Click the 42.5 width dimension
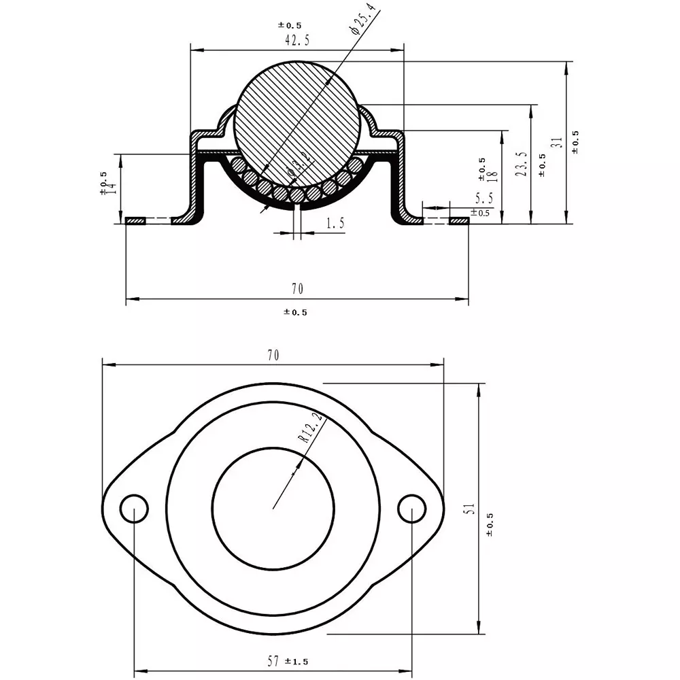pos(297,40)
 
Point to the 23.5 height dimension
pos(522,165)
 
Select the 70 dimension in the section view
pos(297,289)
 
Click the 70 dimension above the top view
pos(273,355)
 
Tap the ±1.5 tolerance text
pos(297,661)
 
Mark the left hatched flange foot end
pos(137,221)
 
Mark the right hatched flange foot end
pos(460,221)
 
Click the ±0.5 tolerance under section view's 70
pos(295,312)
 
